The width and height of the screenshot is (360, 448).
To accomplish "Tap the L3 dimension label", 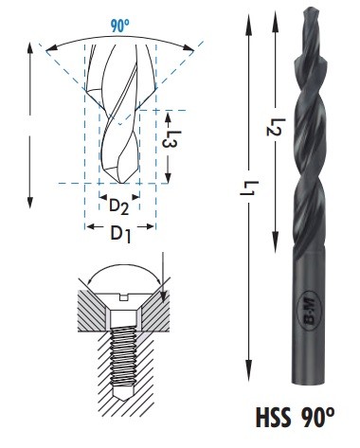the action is [x=171, y=139].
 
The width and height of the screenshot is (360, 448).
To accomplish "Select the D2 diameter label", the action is [x=118, y=207].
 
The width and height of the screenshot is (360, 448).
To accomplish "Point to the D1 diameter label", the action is [x=120, y=235].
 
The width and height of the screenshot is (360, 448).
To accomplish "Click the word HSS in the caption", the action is [x=273, y=418].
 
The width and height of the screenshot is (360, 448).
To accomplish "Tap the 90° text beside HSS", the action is [x=317, y=417].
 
